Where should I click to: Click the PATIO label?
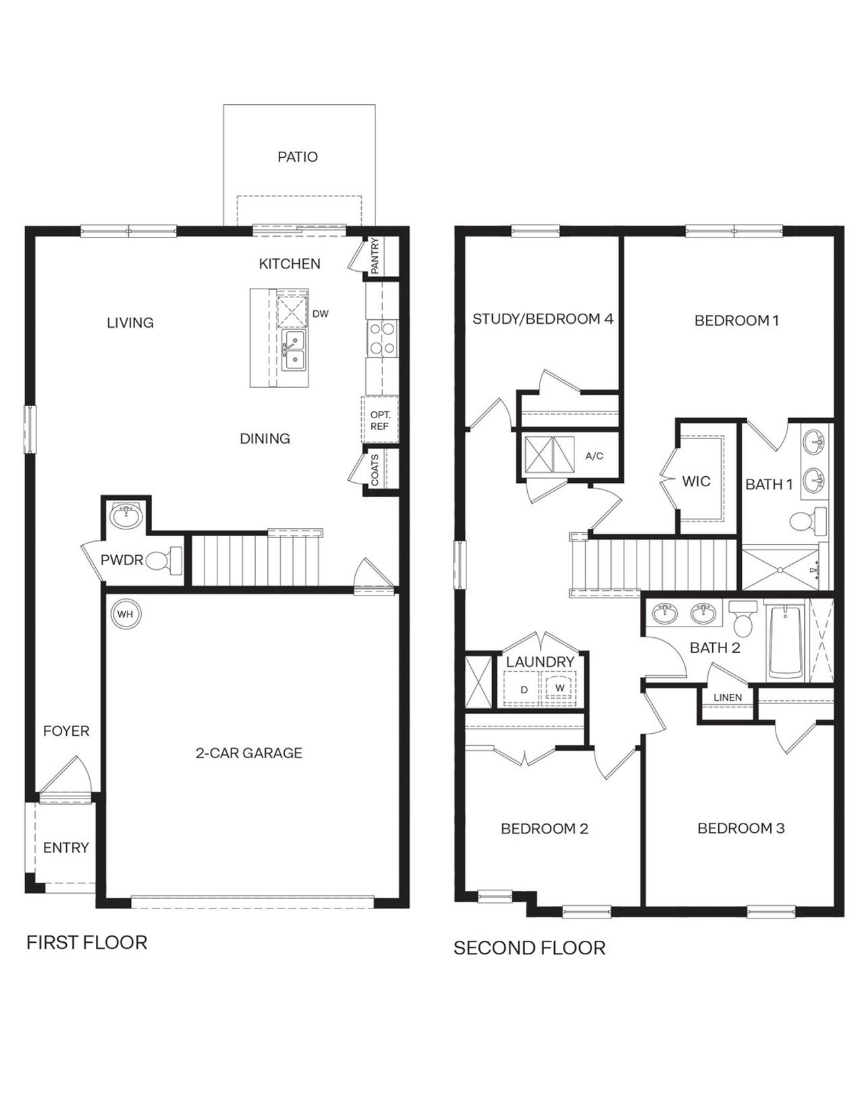(x=297, y=156)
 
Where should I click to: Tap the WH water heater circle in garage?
(x=125, y=614)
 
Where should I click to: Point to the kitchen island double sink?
(x=294, y=349)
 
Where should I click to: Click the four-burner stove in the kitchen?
(x=381, y=339)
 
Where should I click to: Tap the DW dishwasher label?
(x=321, y=314)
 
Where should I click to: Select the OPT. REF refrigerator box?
(x=380, y=420)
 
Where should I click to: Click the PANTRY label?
(x=375, y=256)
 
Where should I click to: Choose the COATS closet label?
(x=375, y=469)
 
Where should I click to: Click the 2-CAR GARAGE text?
(x=248, y=753)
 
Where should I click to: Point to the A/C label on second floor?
(x=594, y=456)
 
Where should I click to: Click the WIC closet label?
(x=696, y=481)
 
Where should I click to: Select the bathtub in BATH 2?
(x=785, y=641)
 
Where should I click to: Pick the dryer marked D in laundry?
(x=524, y=690)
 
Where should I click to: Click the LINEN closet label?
(x=728, y=697)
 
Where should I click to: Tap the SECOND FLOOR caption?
(x=529, y=948)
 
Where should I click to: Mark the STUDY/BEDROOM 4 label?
(x=543, y=318)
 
